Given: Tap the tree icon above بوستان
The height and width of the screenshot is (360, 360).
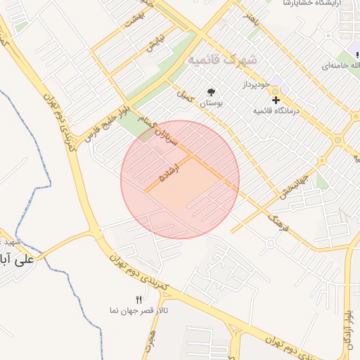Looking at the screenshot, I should tap(211, 91).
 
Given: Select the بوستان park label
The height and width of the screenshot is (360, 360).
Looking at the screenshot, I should tap(211, 103).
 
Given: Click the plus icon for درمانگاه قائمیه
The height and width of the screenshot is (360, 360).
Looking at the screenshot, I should tap(276, 101).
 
